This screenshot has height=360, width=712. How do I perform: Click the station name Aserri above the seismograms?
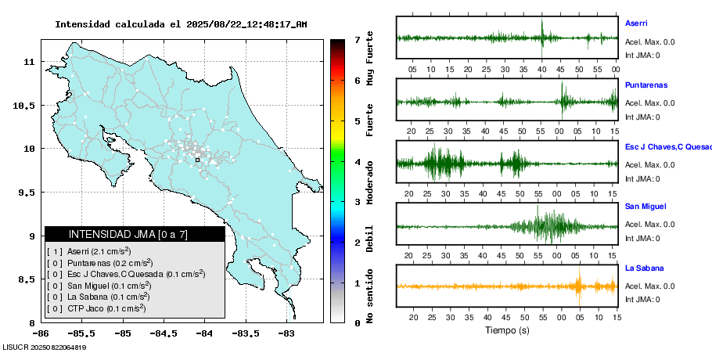click(x=636, y=23)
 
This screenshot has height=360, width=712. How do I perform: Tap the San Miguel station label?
click(x=645, y=207)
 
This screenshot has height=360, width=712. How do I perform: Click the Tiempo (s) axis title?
click(x=507, y=330)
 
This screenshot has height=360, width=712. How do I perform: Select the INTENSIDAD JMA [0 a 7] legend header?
click(x=135, y=234)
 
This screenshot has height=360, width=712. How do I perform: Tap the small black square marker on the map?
click(x=197, y=160)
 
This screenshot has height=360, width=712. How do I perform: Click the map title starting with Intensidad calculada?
click(x=181, y=24)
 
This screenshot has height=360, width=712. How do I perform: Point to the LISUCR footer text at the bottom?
click(x=44, y=347)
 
